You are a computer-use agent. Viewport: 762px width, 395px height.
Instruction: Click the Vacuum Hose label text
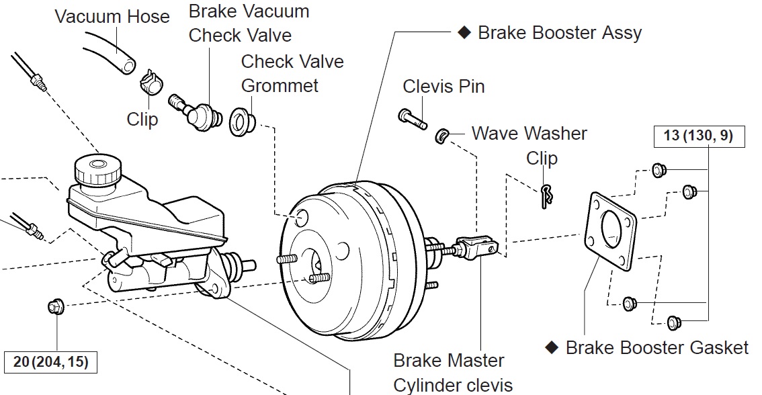112,16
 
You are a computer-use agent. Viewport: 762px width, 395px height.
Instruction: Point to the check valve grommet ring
241,122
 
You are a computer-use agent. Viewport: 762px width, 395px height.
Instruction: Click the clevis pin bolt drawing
412,119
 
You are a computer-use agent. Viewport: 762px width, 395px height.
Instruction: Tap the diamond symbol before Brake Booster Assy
462,32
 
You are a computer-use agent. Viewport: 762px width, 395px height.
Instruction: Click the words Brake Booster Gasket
657,347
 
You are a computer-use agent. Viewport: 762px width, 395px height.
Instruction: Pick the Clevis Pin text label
443,87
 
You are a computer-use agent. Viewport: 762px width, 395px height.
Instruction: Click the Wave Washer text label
529,133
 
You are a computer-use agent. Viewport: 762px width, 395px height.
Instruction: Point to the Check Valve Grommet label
292,73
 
